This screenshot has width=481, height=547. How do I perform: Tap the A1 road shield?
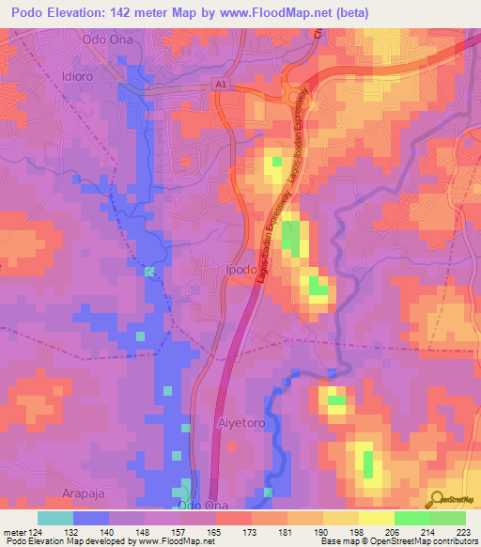pos(221,85)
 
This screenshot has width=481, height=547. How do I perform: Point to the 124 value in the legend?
pos(37,531)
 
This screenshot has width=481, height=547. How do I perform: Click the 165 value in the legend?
pos(215,531)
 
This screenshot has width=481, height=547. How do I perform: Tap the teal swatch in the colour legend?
pos(55,518)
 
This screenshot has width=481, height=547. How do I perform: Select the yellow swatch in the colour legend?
pos(376,518)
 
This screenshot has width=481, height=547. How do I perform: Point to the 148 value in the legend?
pos(145,531)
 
